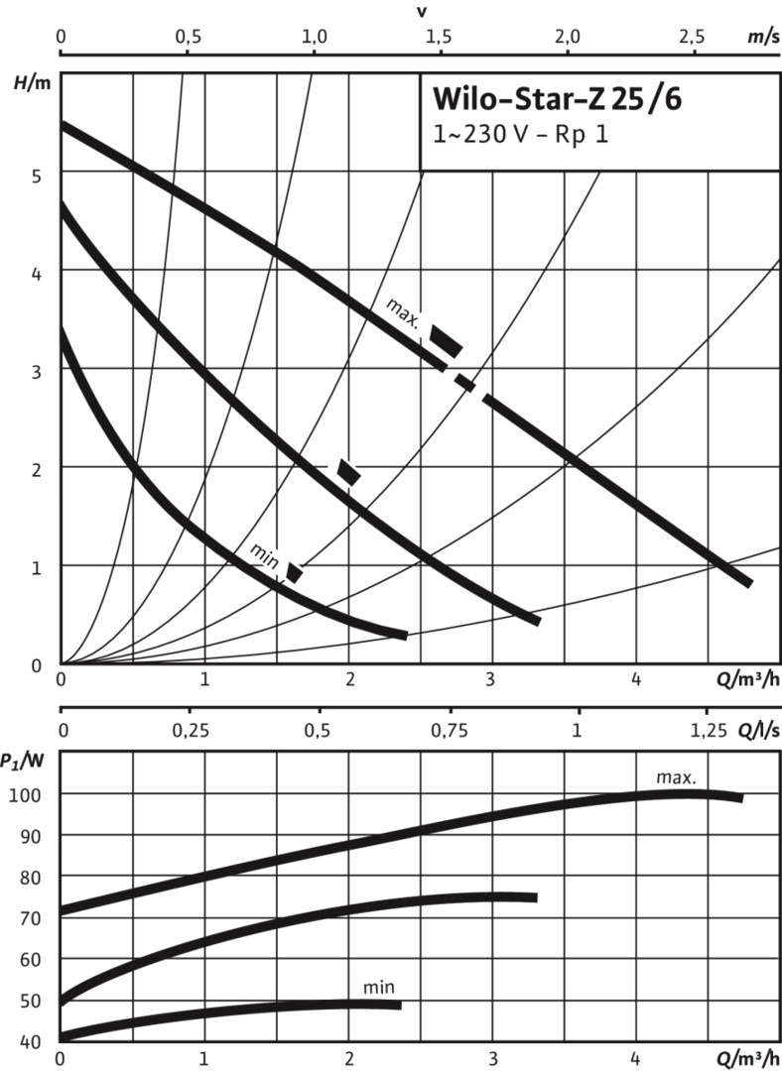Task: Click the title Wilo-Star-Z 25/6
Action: click(x=557, y=100)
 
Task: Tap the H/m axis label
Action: click(x=32, y=82)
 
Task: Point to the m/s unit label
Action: click(x=762, y=37)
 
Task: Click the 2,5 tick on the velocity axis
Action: click(x=692, y=37)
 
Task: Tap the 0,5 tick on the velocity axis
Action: click(x=188, y=37)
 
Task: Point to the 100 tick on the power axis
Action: click(x=27, y=794)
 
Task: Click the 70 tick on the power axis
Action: click(x=31, y=918)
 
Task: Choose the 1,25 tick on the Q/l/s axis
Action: click(x=707, y=731)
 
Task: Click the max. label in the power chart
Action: click(x=677, y=778)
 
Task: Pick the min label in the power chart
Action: click(x=379, y=988)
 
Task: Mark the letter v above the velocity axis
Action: click(x=422, y=12)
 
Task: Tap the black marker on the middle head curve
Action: click(x=348, y=472)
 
